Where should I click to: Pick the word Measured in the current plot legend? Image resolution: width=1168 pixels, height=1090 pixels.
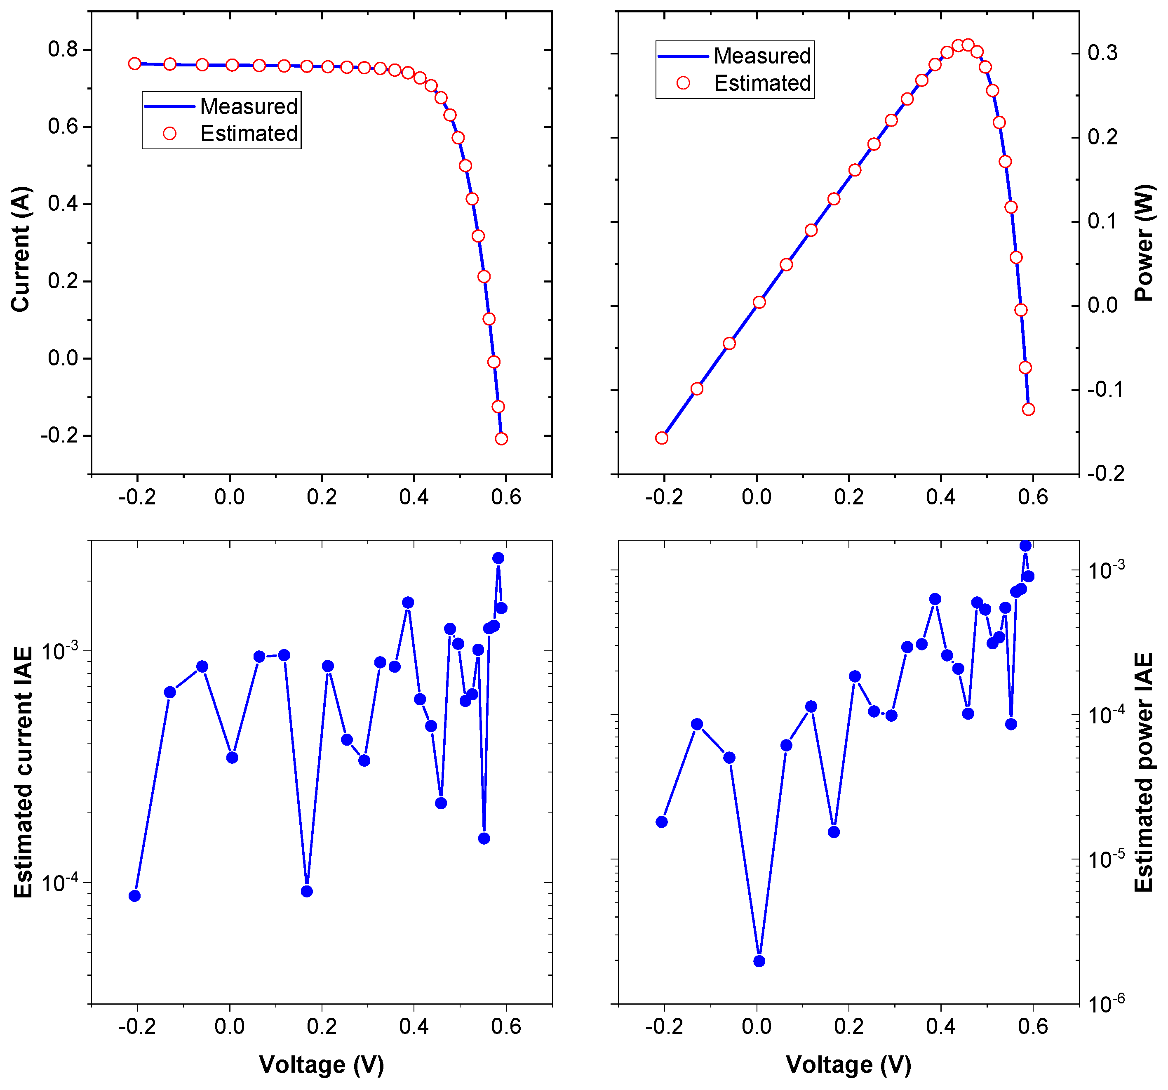point(249,106)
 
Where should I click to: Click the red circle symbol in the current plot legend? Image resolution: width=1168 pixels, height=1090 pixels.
point(170,133)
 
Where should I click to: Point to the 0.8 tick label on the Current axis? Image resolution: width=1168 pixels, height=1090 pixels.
point(63,49)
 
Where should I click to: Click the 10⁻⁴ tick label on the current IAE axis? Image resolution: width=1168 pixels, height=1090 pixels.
point(60,882)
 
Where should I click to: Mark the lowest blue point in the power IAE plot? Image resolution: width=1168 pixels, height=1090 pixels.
point(759,961)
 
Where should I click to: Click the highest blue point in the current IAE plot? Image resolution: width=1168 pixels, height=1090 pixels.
point(498,558)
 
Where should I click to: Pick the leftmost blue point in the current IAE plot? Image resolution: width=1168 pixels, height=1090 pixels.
point(134,895)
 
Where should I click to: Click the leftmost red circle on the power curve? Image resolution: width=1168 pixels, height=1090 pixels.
point(662,438)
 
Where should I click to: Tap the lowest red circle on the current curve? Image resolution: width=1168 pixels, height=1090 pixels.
point(501,438)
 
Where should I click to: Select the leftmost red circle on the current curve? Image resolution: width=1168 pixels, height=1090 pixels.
point(134,64)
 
